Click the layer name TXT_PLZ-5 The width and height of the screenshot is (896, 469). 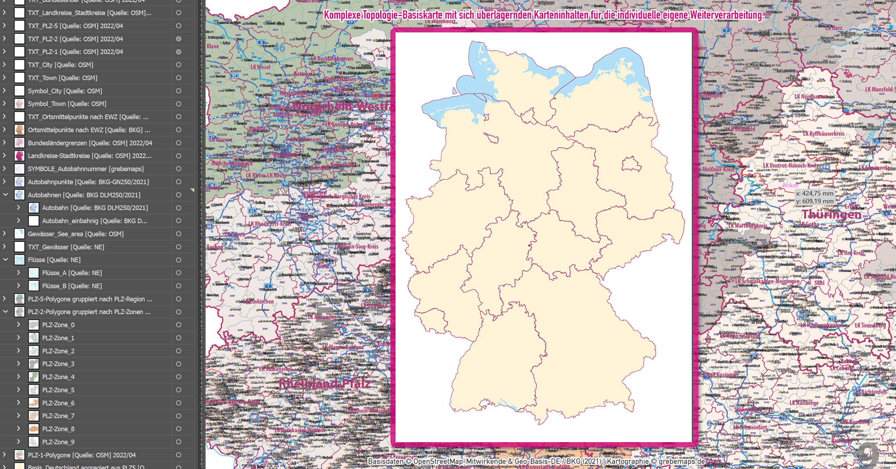[75, 26]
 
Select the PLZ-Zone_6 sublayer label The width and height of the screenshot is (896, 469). [58, 403]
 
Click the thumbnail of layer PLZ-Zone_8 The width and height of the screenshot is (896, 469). [34, 429]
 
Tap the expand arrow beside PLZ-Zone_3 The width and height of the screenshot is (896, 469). [18, 364]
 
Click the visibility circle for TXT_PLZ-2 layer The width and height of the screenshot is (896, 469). [179, 39]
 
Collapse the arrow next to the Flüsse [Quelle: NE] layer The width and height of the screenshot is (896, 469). [6, 260]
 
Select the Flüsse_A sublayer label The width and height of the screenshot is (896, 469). [72, 273]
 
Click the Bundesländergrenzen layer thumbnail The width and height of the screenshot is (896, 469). [20, 143]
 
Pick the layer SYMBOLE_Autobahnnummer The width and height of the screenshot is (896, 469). [85, 169]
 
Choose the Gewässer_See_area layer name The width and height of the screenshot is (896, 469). [76, 234]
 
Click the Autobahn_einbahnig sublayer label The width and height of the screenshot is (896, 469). [94, 221]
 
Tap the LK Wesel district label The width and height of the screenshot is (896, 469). [260, 67]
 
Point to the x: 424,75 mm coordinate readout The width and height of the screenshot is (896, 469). [815, 193]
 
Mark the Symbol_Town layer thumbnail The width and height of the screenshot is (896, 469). [20, 104]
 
